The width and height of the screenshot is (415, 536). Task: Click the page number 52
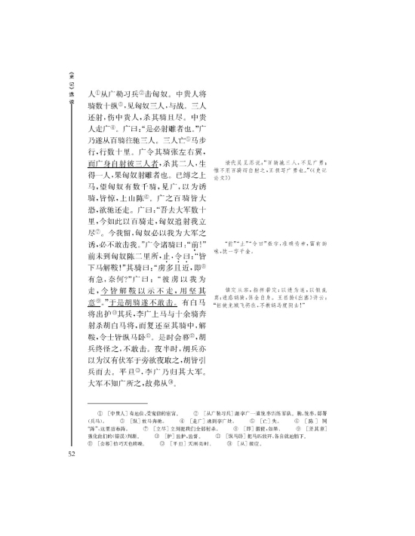(x=70, y=453)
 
